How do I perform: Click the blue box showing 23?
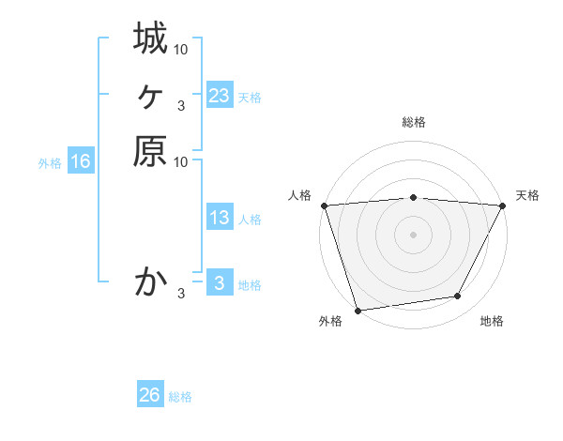coord(219,96)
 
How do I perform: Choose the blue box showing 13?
coord(219,218)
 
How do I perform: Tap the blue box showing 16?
coord(81,161)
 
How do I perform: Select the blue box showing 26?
coord(150,395)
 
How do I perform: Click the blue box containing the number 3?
coord(219,282)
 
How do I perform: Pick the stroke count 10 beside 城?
coord(182,48)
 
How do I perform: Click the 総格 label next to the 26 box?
coord(180,397)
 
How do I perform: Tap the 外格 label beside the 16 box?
coord(50,163)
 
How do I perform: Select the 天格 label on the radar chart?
coord(527,195)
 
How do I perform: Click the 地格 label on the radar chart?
coord(492,321)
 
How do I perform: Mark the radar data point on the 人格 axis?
coord(324,205)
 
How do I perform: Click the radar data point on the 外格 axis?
coord(358,311)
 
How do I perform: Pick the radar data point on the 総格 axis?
coord(413,197)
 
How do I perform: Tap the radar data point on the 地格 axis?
coord(458,297)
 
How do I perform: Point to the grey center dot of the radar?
coord(413,235)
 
